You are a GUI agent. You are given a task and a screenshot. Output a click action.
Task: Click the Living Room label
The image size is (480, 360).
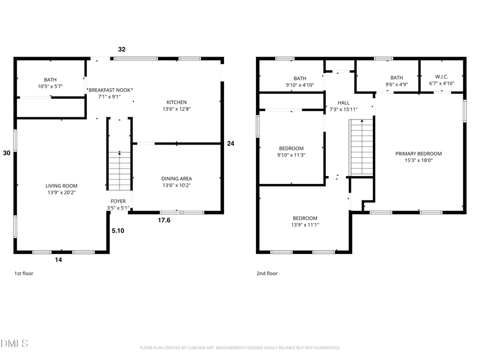click(x=61, y=186)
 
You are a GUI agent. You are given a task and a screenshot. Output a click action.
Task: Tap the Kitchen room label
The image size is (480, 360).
click(x=177, y=102)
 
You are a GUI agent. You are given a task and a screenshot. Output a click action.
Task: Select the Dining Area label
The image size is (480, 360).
click(x=177, y=179)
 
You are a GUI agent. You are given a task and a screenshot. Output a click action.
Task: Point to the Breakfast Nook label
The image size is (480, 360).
click(x=110, y=90)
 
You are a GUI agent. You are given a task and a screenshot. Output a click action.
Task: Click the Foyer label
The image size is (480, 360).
click(x=118, y=201)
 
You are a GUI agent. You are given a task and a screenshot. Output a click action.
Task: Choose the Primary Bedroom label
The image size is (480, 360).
click(x=418, y=154)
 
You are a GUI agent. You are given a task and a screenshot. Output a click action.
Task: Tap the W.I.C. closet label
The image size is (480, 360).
click(x=441, y=77)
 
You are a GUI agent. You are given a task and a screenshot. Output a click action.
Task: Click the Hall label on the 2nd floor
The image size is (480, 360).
click(x=343, y=102)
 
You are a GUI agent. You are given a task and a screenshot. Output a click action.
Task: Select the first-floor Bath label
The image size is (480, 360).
click(x=50, y=79)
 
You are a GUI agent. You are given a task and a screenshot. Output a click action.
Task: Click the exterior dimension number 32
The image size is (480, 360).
click(x=122, y=49)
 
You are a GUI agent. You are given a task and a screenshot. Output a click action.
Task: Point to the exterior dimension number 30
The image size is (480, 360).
click(x=6, y=153)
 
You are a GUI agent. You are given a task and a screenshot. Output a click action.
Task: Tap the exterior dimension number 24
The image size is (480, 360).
click(x=230, y=143)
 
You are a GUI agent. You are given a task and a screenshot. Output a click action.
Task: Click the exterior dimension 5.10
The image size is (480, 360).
click(x=118, y=231)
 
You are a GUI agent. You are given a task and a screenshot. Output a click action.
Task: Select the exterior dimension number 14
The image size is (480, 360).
click(x=59, y=260)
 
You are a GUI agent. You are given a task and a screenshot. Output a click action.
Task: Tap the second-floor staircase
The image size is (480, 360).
click(x=362, y=147)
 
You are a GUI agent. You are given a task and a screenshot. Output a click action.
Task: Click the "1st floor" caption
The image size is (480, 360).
click(x=24, y=274)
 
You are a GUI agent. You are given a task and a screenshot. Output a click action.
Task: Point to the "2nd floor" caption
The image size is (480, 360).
click(x=267, y=274)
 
